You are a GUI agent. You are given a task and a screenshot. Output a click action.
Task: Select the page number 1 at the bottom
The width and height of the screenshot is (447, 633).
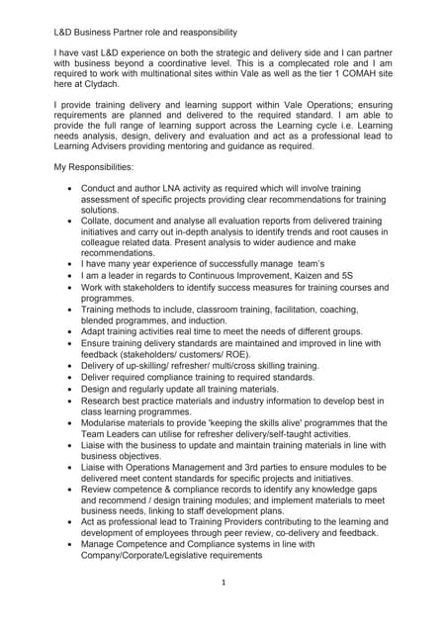click(223, 610)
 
